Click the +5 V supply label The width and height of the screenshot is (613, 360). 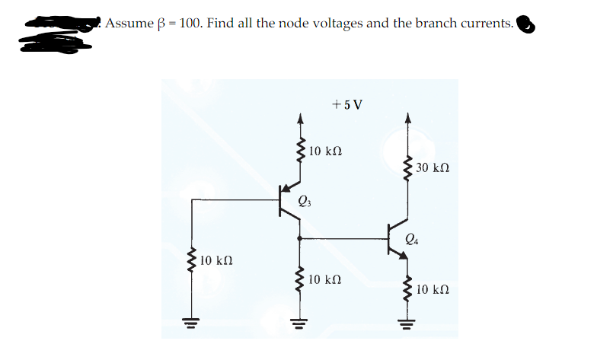point(347,104)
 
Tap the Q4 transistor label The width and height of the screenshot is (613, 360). point(412,241)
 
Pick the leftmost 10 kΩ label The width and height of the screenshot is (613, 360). point(219,261)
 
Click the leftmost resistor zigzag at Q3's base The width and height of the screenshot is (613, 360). point(191,261)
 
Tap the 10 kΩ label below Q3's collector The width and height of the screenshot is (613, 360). point(326,279)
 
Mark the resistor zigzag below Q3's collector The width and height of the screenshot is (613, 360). point(299,280)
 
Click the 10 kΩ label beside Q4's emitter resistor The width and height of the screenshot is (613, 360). point(436,289)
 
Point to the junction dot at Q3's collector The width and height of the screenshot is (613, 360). point(299,238)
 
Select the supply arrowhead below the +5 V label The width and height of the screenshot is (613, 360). point(299,119)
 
